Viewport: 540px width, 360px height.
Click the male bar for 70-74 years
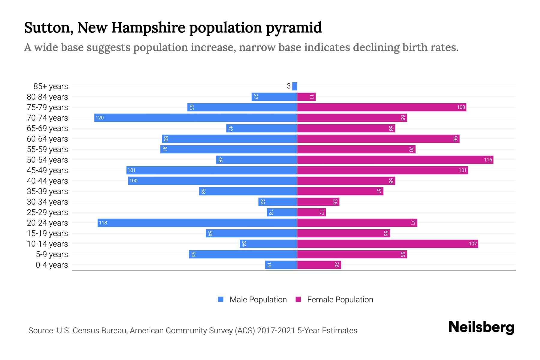click(x=196, y=118)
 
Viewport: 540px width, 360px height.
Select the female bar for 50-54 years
click(x=395, y=160)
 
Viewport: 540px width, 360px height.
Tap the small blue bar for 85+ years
click(x=295, y=86)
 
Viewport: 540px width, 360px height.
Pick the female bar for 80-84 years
click(x=306, y=97)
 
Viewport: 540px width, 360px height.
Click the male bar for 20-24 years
click(x=197, y=223)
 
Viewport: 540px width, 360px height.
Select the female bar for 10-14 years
click(x=388, y=244)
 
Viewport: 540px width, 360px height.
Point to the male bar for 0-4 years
click(x=281, y=265)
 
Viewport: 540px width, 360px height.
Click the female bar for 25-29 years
click(x=311, y=212)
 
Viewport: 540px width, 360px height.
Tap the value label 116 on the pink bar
click(x=488, y=160)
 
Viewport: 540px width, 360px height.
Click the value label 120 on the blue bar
click(x=100, y=118)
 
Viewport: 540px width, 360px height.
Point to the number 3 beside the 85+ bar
click(x=289, y=86)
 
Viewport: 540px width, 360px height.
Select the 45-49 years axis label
click(x=47, y=170)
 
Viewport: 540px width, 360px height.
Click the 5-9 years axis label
click(x=52, y=254)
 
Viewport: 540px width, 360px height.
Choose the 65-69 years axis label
click(x=47, y=128)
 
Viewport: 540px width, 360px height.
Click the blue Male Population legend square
click(x=221, y=299)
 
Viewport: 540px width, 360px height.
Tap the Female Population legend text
click(x=340, y=299)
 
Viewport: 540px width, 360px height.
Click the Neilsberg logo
click(x=481, y=327)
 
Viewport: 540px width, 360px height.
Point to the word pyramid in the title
click(x=294, y=28)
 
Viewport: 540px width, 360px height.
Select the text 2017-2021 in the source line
click(x=276, y=330)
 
